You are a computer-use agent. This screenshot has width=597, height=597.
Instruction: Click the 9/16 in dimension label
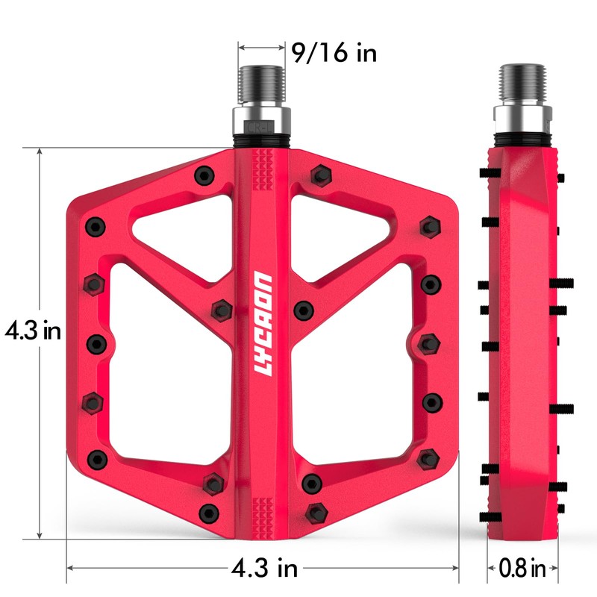[334, 54]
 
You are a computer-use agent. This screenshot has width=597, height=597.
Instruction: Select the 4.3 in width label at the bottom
[263, 569]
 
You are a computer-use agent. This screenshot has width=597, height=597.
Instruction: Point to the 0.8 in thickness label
[522, 569]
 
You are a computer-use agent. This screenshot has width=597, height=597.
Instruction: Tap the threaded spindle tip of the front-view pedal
[261, 84]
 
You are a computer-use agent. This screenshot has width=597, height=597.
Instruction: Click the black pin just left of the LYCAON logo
[220, 309]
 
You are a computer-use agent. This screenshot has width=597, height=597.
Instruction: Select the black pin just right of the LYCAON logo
[303, 309]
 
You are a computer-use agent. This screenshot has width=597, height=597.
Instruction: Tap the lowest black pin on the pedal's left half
[210, 513]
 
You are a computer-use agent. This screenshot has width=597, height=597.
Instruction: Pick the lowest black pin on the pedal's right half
[315, 513]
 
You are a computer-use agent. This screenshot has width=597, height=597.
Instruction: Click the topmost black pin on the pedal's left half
[202, 176]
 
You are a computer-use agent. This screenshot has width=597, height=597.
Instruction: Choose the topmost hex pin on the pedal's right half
[321, 176]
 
